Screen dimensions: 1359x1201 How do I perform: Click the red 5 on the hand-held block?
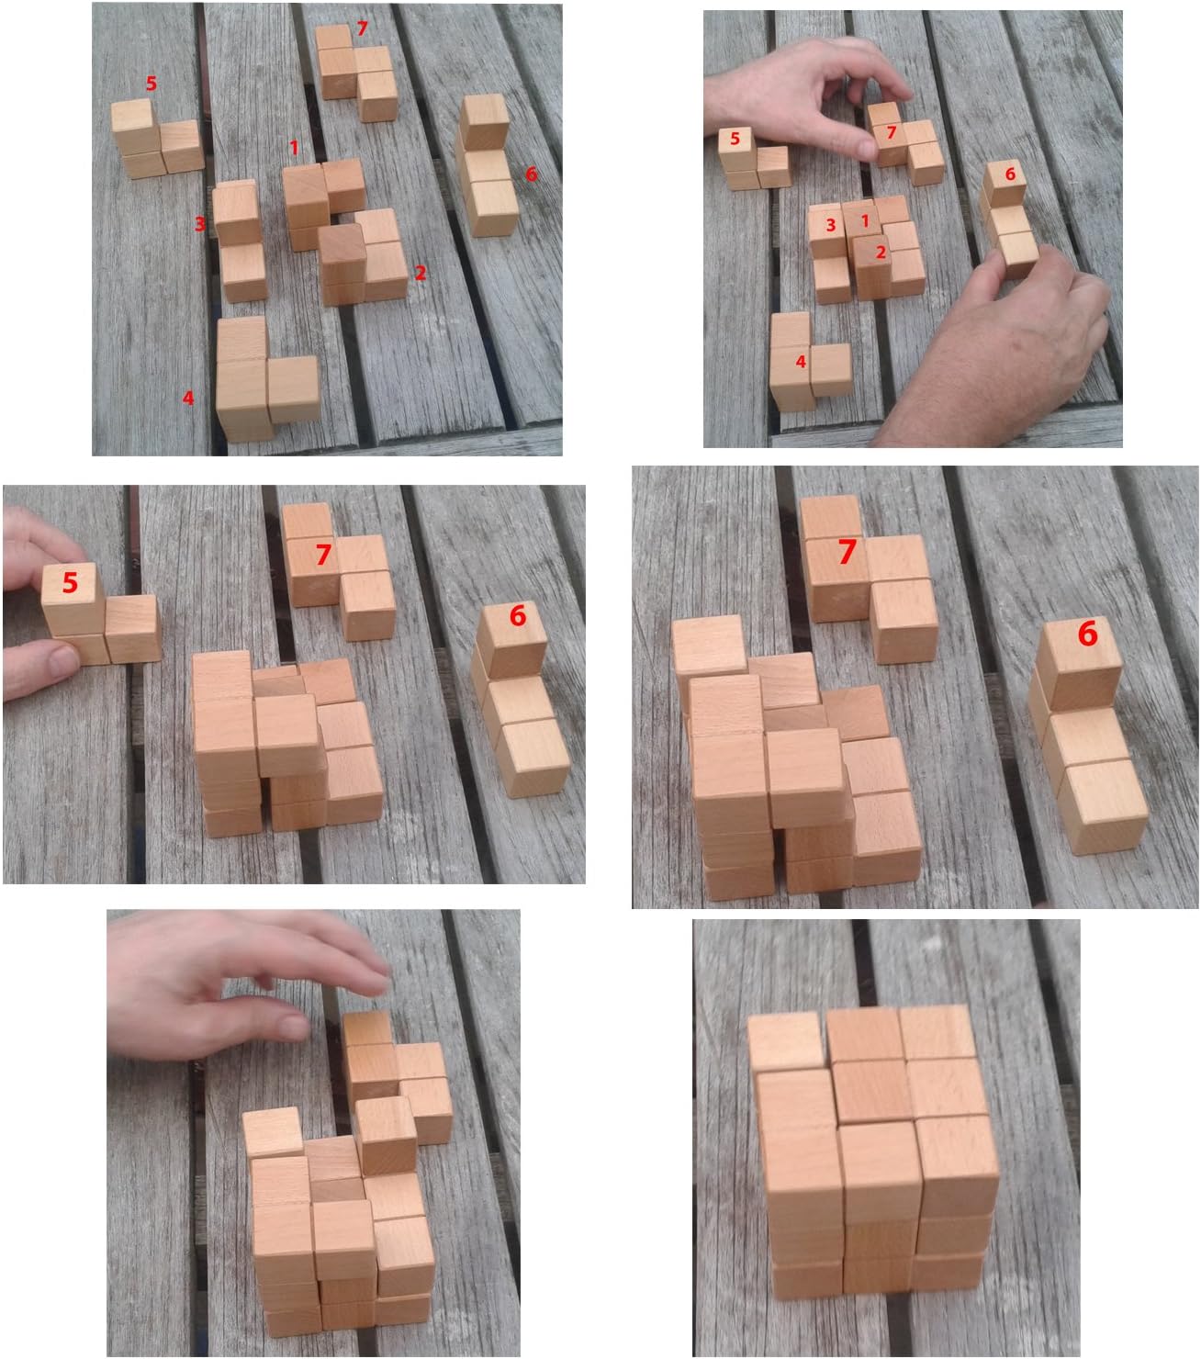[70, 582]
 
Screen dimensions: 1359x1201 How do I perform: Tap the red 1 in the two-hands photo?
[864, 221]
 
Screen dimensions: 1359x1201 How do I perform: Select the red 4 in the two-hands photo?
[801, 362]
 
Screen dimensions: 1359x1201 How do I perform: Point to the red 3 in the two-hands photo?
[830, 225]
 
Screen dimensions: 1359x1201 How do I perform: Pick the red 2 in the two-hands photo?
[881, 252]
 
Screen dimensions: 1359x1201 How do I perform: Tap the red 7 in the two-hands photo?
[891, 133]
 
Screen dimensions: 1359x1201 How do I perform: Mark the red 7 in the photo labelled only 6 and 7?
[847, 551]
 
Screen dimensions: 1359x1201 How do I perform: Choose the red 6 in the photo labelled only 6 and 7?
[1087, 633]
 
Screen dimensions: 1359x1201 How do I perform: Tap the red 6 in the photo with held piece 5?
[518, 615]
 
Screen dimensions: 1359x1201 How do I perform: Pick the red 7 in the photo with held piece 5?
[322, 555]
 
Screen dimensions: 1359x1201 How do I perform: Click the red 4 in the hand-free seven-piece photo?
[188, 398]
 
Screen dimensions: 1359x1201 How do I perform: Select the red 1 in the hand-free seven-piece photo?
[294, 147]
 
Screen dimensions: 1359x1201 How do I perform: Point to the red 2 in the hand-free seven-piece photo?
[421, 273]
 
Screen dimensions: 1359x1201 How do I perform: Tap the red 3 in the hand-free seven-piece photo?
[199, 223]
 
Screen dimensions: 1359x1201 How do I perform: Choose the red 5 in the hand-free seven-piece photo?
[152, 84]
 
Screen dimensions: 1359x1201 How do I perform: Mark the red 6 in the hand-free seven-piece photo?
[531, 174]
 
